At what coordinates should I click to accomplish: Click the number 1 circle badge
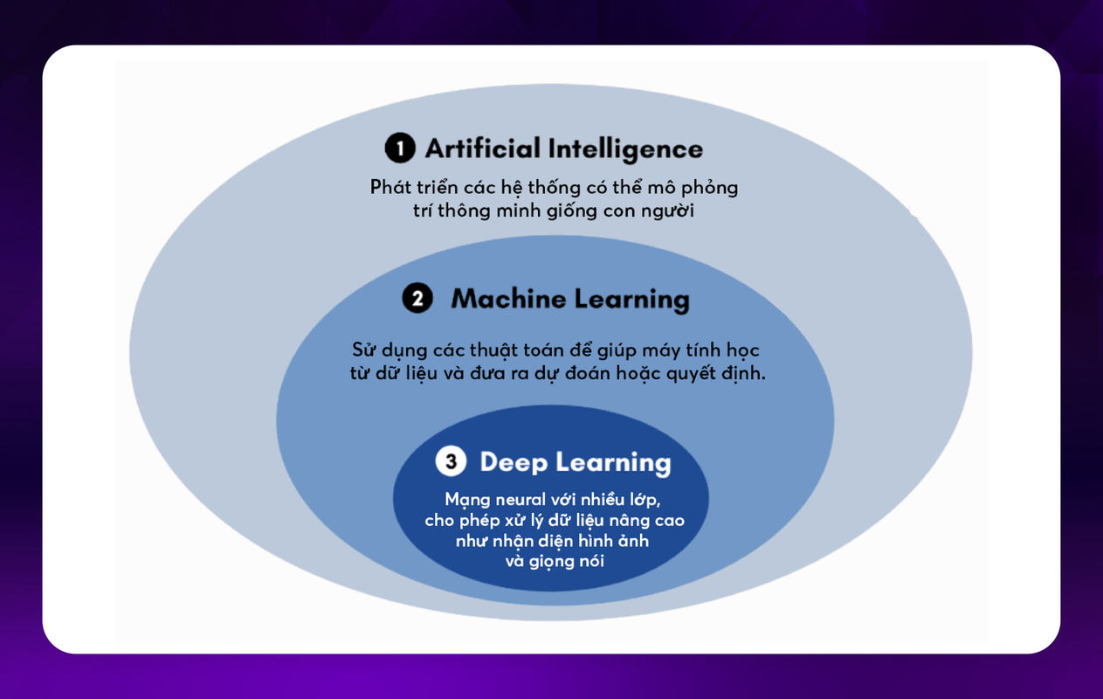[x=400, y=149]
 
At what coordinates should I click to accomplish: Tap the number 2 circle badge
[x=417, y=299]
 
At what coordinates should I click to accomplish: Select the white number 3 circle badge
[x=451, y=461]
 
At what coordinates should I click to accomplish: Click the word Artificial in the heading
[x=482, y=149]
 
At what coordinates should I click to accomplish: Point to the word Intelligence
[x=624, y=149]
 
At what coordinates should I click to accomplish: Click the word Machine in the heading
[x=508, y=299]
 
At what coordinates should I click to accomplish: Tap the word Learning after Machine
[x=631, y=299]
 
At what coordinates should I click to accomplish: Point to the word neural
[x=518, y=500]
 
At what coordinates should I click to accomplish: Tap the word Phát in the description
[x=388, y=187]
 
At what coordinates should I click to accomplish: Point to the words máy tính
[x=679, y=349]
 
